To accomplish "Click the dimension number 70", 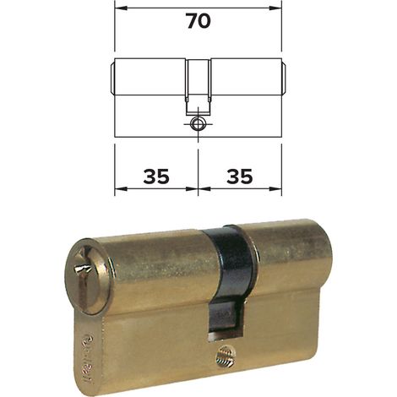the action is click(x=198, y=21).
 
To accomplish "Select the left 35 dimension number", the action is click(x=156, y=177).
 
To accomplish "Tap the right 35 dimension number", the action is click(x=240, y=177).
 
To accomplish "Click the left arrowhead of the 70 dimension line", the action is click(x=122, y=8).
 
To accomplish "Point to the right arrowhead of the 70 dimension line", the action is click(x=275, y=8).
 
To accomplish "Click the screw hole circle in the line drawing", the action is click(x=198, y=124).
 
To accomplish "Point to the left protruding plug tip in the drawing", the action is click(x=111, y=77).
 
